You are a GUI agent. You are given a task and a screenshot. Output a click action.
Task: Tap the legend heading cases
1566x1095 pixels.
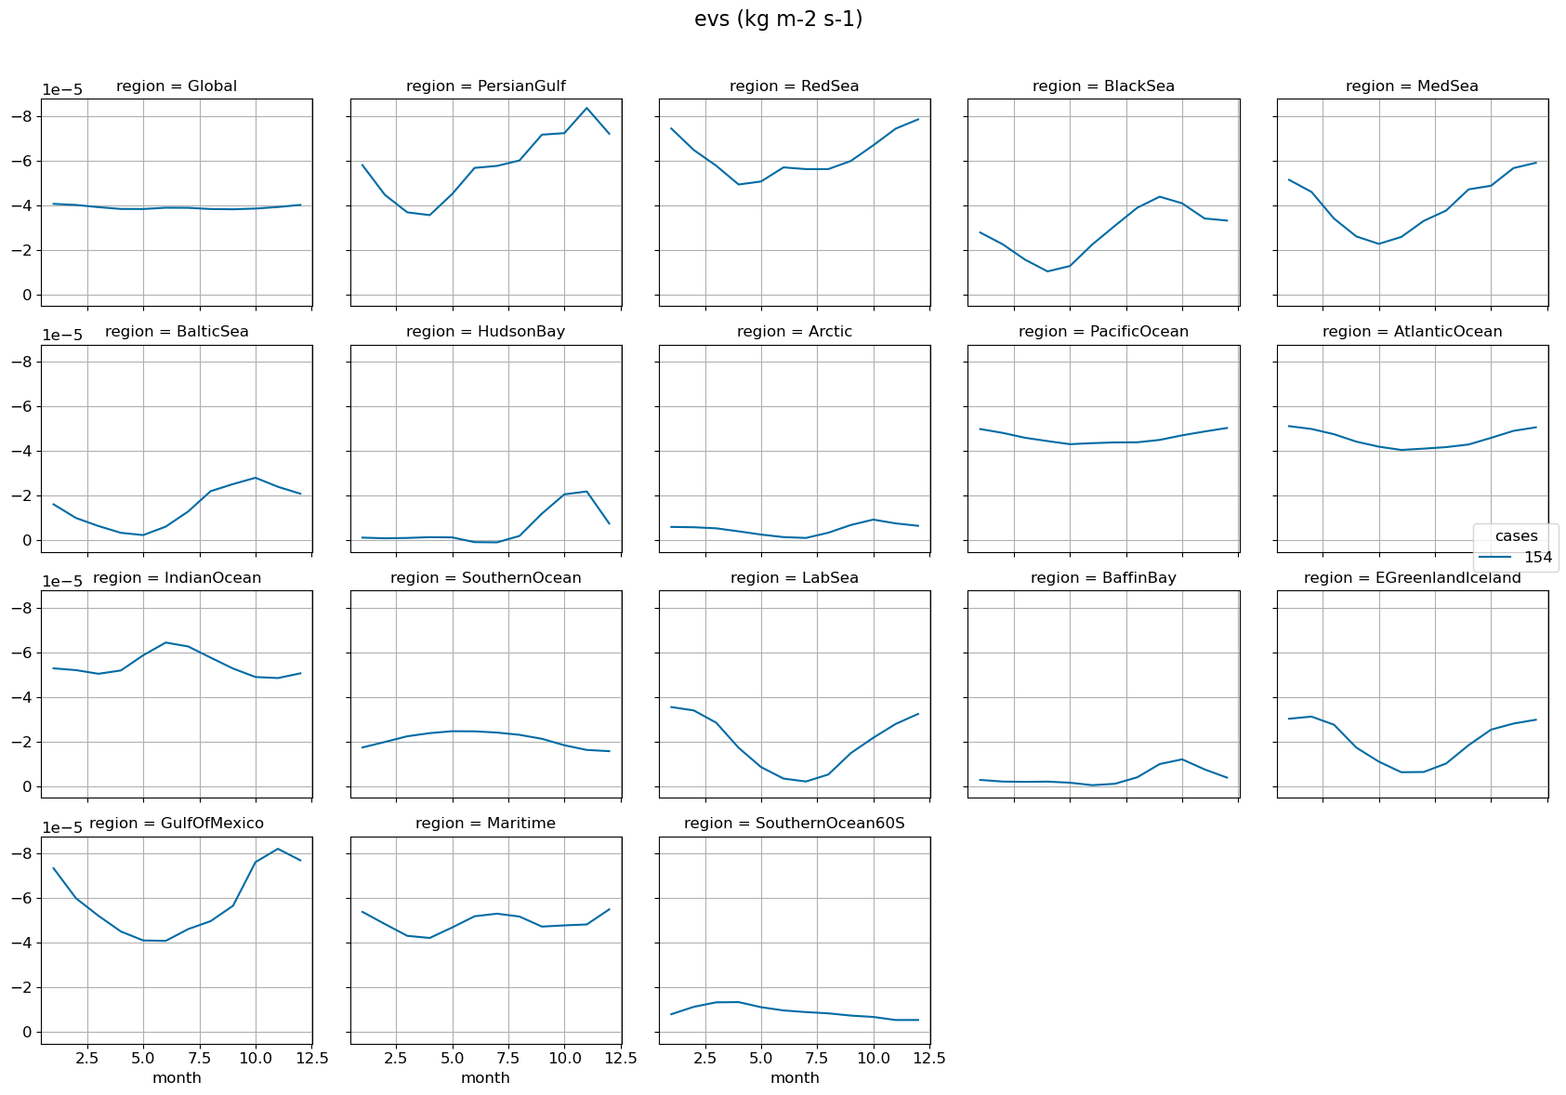tap(1516, 536)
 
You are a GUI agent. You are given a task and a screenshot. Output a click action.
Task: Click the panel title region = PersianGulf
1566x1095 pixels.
tap(485, 86)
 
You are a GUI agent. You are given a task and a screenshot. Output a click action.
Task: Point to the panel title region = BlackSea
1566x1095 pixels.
tap(1103, 86)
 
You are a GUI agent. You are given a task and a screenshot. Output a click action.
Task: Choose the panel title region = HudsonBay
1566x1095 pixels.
tap(485, 332)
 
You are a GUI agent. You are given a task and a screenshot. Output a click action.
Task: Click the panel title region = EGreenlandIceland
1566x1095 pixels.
tap(1412, 578)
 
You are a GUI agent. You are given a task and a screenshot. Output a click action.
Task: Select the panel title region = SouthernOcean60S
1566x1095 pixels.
tap(794, 824)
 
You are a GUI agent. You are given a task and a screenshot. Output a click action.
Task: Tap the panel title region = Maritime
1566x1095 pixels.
tap(485, 824)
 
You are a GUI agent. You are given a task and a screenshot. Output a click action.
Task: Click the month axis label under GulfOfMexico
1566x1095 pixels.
tap(177, 1078)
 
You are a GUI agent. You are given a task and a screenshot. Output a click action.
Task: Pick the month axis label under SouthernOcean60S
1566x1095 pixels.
tap(794, 1078)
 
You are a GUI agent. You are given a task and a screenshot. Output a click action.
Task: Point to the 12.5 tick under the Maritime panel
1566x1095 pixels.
tap(620, 1058)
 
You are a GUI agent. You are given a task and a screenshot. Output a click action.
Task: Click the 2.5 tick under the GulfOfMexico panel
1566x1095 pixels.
tap(87, 1058)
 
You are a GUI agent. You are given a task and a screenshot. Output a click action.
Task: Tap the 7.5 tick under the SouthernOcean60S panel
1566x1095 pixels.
tap(817, 1058)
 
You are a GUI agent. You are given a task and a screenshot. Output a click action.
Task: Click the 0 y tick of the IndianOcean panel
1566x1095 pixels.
tap(28, 787)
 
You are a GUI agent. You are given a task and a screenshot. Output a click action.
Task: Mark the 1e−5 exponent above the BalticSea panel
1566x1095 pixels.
tap(62, 336)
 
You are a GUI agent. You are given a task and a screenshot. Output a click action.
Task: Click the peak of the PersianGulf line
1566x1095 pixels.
tap(586, 108)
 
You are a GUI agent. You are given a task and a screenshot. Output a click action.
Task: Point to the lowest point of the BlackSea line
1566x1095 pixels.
tap(1047, 271)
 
